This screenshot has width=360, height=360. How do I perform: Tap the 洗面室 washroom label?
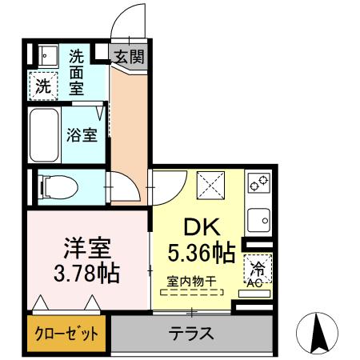(x=77, y=71)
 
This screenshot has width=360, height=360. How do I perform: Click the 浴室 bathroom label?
(x=82, y=134)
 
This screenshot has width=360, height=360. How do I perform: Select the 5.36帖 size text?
(x=201, y=254)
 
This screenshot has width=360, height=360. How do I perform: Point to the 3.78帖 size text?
(x=88, y=273)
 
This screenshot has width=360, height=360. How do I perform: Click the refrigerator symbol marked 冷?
(x=258, y=266)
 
